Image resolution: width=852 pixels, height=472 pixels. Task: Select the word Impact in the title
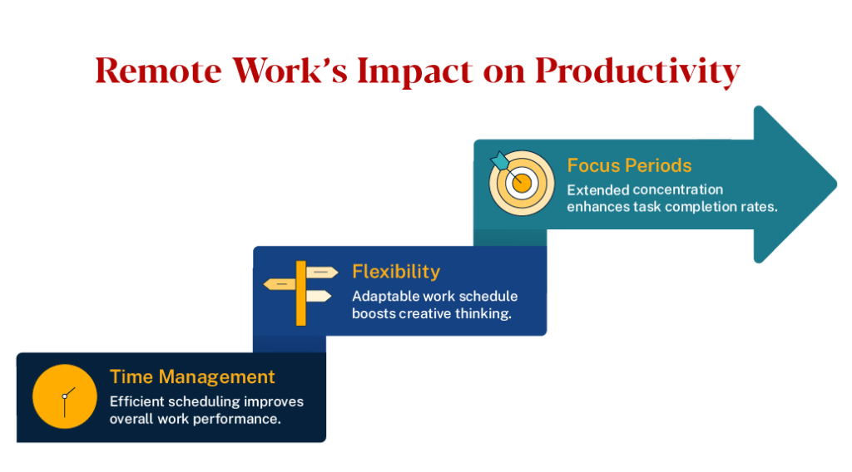pyautogui.click(x=413, y=72)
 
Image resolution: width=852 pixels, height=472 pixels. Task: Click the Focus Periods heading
pyautogui.click(x=629, y=165)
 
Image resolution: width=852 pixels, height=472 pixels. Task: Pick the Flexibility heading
pyautogui.click(x=395, y=272)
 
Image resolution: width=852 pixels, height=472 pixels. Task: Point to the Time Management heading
pyautogui.click(x=192, y=376)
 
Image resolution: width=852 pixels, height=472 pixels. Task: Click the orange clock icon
pyautogui.click(x=65, y=396)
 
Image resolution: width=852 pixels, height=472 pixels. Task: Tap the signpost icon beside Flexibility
pyautogui.click(x=300, y=292)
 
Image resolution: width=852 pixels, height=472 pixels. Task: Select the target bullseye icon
pyautogui.click(x=521, y=182)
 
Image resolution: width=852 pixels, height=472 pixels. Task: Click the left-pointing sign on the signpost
pyautogui.click(x=280, y=284)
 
